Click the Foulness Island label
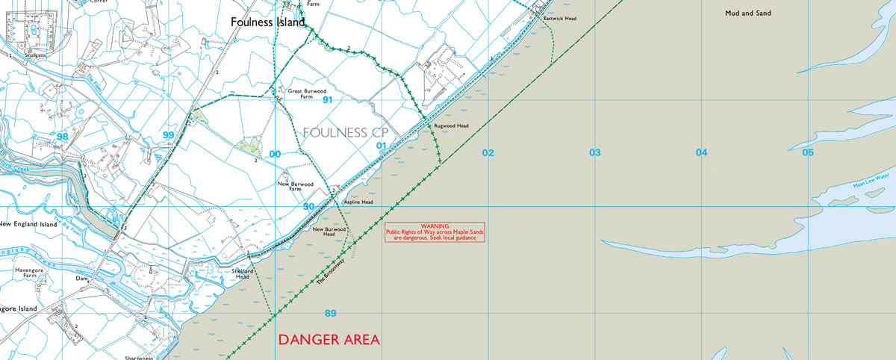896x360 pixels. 267,22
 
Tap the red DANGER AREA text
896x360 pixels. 329,340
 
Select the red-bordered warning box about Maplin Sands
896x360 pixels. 435,232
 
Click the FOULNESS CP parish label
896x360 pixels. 346,132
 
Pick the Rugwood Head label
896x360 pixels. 451,126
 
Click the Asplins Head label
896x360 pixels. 358,202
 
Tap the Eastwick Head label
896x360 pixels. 560,18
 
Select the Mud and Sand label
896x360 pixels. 747,13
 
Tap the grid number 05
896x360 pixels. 808,152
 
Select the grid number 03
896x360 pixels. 594,152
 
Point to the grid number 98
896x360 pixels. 62,136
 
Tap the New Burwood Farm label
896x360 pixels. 295,186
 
